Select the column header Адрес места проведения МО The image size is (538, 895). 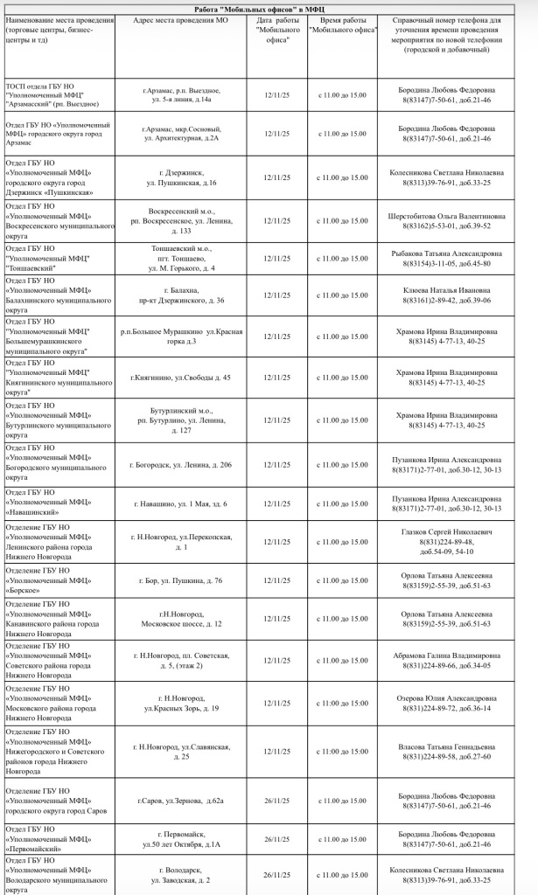click(181, 18)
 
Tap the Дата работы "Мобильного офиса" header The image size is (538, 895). click(276, 28)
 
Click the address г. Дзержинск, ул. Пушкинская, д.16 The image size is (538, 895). click(181, 177)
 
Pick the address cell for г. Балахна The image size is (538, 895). click(181, 295)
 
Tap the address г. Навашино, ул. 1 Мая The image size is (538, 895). click(181, 503)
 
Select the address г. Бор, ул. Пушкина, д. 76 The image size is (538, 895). click(181, 580)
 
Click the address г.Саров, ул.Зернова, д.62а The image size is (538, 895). click(181, 801)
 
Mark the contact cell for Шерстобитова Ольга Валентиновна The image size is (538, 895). click(446, 220)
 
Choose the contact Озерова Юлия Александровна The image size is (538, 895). click(446, 703)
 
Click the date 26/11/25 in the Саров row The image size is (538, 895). click(276, 801)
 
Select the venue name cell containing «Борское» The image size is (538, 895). click(59, 580)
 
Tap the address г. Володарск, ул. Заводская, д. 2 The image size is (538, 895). click(181, 875)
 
